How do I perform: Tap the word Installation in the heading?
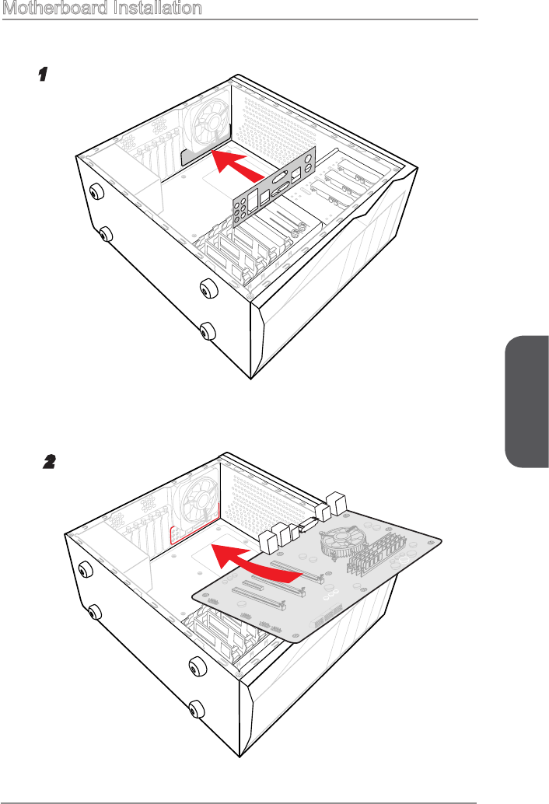tap(156, 9)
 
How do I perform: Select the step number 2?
tap(48, 461)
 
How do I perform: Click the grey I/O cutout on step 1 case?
tap(194, 155)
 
